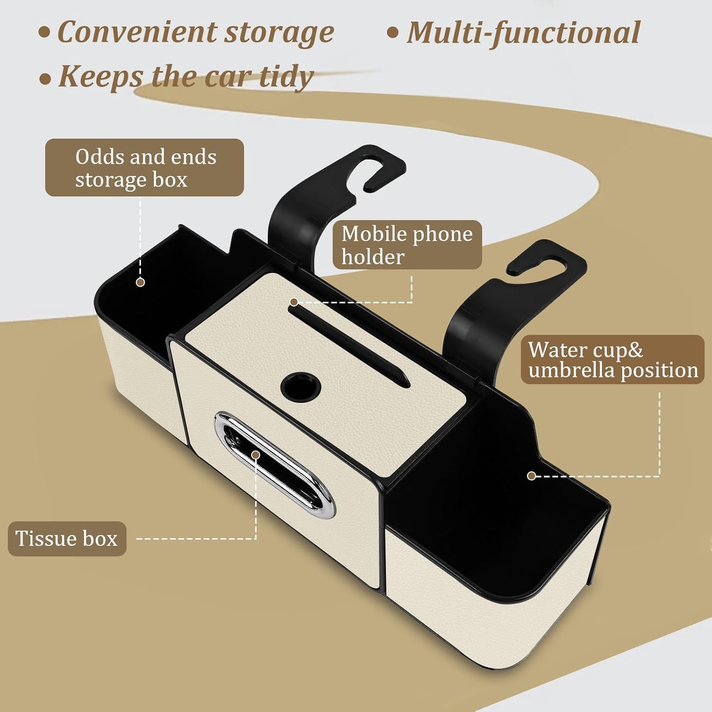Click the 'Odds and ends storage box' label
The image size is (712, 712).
pos(144,168)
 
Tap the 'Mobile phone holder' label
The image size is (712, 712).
pos(407,245)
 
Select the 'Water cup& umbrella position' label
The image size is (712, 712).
pos(612,360)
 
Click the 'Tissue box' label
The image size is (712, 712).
pos(67,539)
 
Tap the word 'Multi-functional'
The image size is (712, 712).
pos(524,33)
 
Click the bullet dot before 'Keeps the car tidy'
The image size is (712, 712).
pos(45,78)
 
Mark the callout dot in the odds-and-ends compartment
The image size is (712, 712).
pos(140,282)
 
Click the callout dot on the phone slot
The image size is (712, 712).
pos(294,302)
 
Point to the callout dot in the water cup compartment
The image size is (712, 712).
pos(532,476)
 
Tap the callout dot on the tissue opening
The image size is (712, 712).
pos(256,455)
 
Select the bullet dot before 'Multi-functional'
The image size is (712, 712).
pos(393,33)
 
